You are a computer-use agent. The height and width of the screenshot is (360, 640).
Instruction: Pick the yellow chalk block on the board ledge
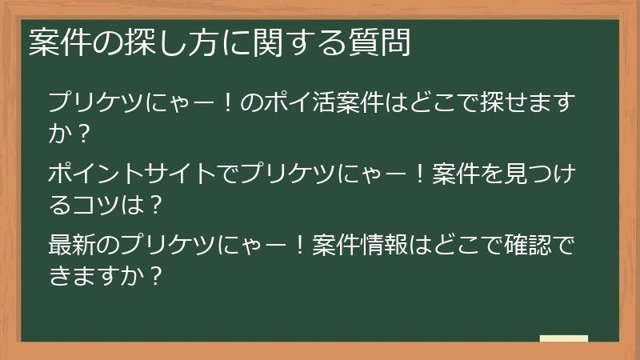563,338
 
